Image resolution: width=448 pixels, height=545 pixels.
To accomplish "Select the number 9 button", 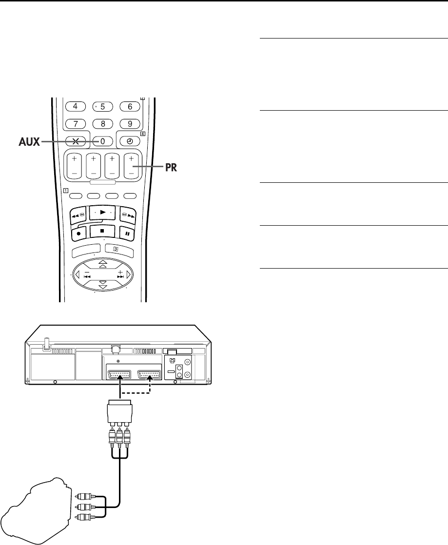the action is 130,123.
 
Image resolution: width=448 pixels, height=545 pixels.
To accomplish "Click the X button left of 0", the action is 76,141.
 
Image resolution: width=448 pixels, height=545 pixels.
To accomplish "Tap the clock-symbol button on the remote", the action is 130,141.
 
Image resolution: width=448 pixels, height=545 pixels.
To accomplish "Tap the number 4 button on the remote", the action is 76,106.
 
